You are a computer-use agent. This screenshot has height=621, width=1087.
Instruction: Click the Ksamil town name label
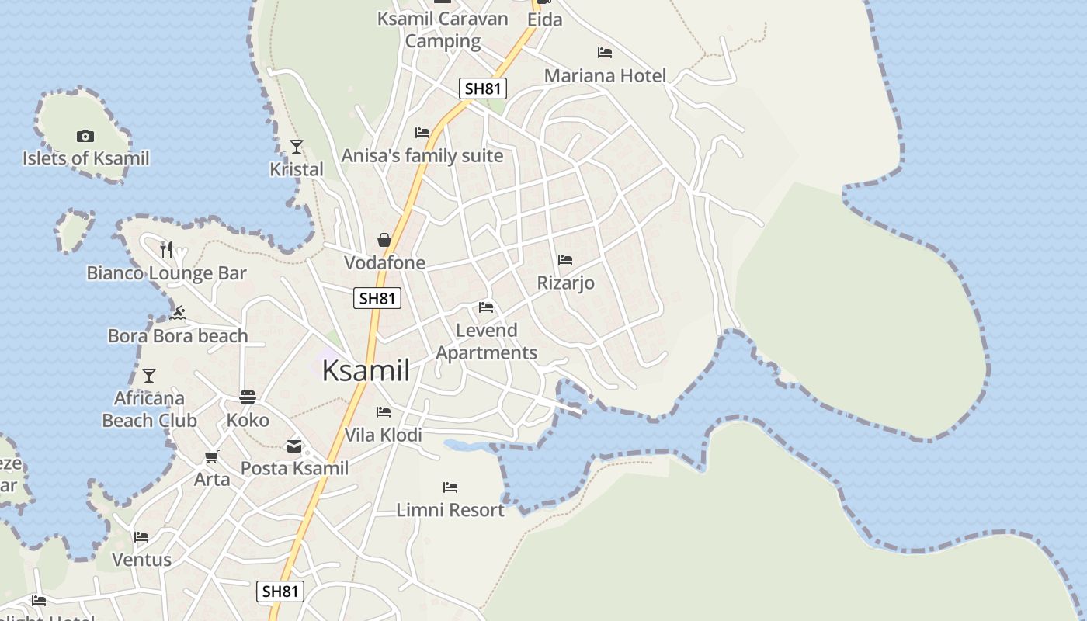pyautogui.click(x=366, y=371)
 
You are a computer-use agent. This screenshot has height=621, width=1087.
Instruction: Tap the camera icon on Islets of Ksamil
pyautogui.click(x=85, y=137)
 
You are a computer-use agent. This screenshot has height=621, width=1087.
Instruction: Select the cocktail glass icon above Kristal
pyautogui.click(x=296, y=146)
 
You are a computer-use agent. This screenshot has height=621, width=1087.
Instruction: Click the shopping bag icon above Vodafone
pyautogui.click(x=384, y=240)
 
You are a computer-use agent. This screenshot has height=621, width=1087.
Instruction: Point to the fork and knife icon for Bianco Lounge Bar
pyautogui.click(x=166, y=249)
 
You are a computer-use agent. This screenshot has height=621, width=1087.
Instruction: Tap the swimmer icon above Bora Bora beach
pyautogui.click(x=178, y=313)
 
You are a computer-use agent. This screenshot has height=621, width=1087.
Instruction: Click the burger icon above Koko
pyautogui.click(x=248, y=397)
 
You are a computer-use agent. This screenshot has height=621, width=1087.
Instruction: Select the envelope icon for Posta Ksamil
pyautogui.click(x=294, y=446)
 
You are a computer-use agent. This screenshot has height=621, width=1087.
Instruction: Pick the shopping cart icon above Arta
pyautogui.click(x=211, y=456)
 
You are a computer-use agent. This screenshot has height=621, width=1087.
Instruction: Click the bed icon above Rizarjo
pyautogui.click(x=565, y=260)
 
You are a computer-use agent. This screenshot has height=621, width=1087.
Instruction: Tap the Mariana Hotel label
pyautogui.click(x=605, y=76)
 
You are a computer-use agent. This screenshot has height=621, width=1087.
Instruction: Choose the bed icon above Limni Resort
pyautogui.click(x=450, y=487)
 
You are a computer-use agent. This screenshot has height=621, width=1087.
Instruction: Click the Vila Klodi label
pyautogui.click(x=384, y=435)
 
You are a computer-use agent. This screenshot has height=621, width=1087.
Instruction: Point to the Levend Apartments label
pyautogui.click(x=486, y=342)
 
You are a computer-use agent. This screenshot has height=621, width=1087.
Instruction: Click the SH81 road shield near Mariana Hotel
pyautogui.click(x=482, y=88)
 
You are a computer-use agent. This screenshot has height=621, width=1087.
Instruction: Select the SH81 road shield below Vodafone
pyautogui.click(x=377, y=297)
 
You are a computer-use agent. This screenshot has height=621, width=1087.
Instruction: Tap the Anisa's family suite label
pyautogui.click(x=422, y=156)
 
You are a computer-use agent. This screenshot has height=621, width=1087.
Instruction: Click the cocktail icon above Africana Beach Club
pyautogui.click(x=149, y=376)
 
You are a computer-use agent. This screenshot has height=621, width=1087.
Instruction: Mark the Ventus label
pyautogui.click(x=141, y=560)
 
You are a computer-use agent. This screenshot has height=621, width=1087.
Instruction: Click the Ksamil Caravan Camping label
pyautogui.click(x=443, y=29)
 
